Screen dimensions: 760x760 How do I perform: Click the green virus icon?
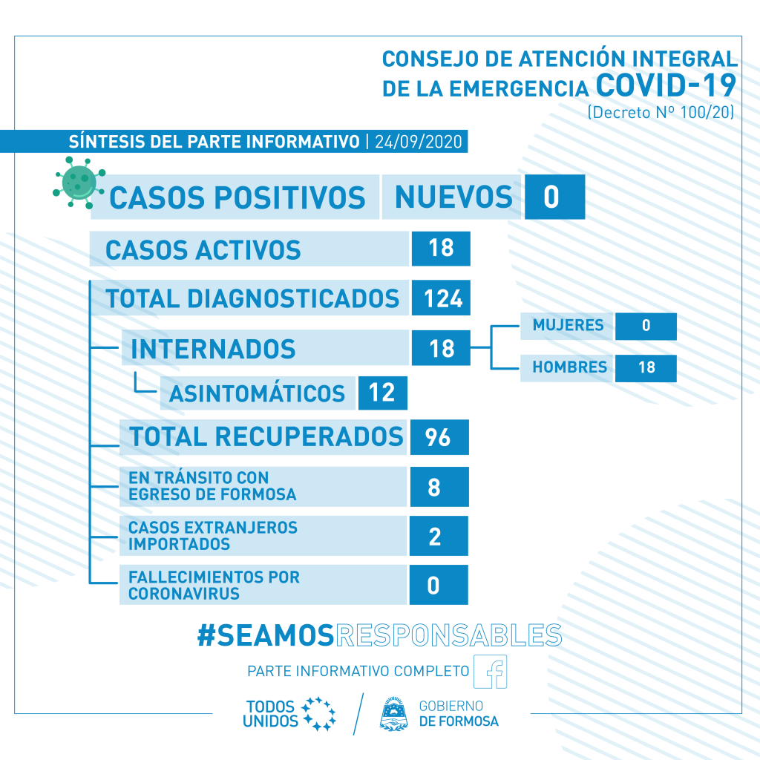[x=79, y=183]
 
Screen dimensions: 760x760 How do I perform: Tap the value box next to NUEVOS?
[x=554, y=197]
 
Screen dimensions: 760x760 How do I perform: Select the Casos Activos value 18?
[x=441, y=249]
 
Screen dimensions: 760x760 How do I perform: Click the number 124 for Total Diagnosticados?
[x=441, y=298]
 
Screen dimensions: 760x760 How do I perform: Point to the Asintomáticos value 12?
[x=382, y=393]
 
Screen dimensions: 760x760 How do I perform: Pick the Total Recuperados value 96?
[x=439, y=437]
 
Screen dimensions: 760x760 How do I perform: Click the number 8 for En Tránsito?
[x=439, y=487]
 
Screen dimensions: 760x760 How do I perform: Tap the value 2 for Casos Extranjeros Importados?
[x=439, y=536]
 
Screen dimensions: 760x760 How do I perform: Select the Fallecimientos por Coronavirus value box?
[x=439, y=585]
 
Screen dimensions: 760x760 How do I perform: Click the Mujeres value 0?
[x=646, y=327]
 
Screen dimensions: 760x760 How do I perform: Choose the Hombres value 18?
[x=646, y=368]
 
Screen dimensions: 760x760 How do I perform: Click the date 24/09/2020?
[x=419, y=142]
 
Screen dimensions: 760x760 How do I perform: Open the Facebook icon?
[x=490, y=671]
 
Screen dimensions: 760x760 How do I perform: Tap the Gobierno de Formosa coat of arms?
[x=393, y=713]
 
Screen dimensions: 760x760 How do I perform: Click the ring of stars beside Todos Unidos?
[x=318, y=713]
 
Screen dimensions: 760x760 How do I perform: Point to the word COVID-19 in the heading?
[x=666, y=85]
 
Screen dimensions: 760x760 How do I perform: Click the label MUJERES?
[x=568, y=325]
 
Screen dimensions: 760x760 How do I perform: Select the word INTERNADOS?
[x=213, y=349]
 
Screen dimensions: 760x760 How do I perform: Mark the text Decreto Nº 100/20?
[x=661, y=113]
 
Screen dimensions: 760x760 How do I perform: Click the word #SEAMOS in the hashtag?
[x=266, y=635]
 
